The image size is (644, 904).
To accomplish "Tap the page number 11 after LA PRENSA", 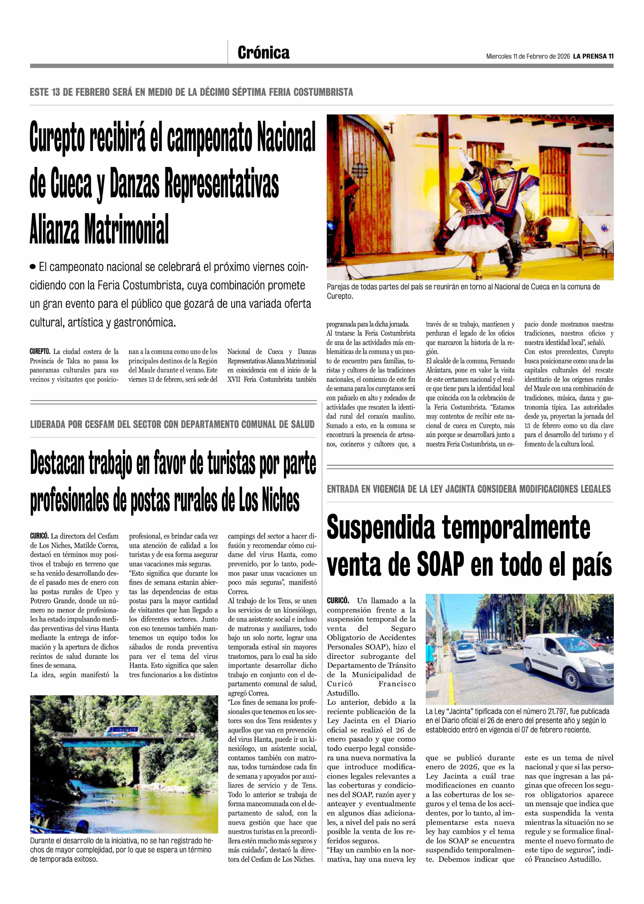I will (611, 56).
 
